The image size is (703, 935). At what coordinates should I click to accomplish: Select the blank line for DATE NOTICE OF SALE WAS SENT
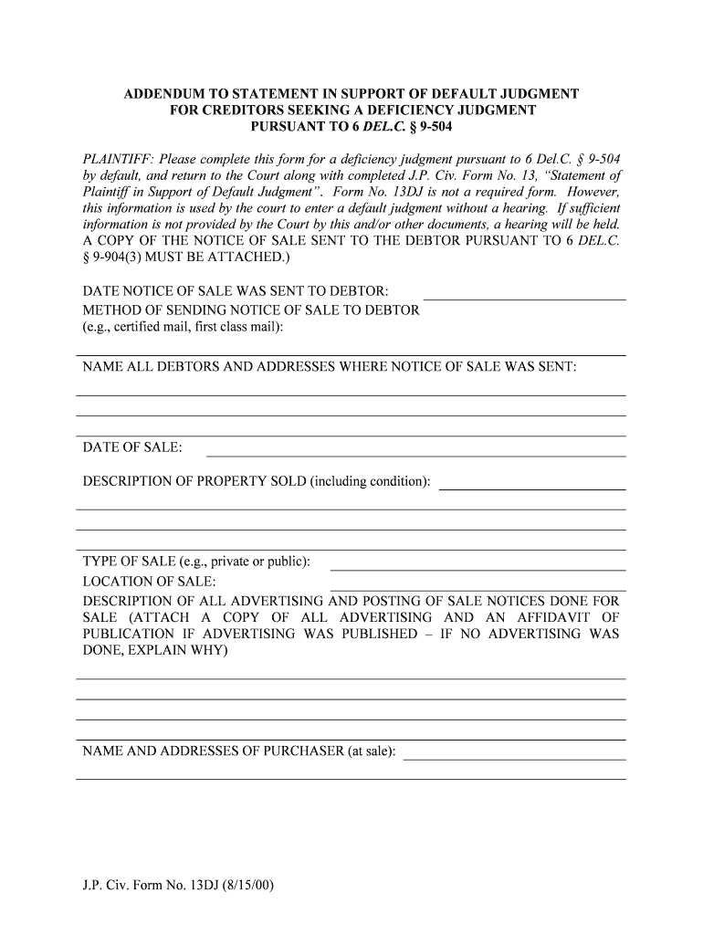(525, 299)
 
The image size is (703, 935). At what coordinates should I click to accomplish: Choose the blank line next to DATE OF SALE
(416, 455)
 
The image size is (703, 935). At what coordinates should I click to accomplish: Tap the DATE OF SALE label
(132, 447)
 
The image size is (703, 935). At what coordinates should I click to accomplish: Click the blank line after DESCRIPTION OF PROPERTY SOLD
(532, 489)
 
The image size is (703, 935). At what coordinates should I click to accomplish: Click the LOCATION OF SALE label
(150, 582)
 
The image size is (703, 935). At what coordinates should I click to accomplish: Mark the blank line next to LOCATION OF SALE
(477, 589)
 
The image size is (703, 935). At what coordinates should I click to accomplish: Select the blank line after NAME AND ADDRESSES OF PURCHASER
(515, 759)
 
